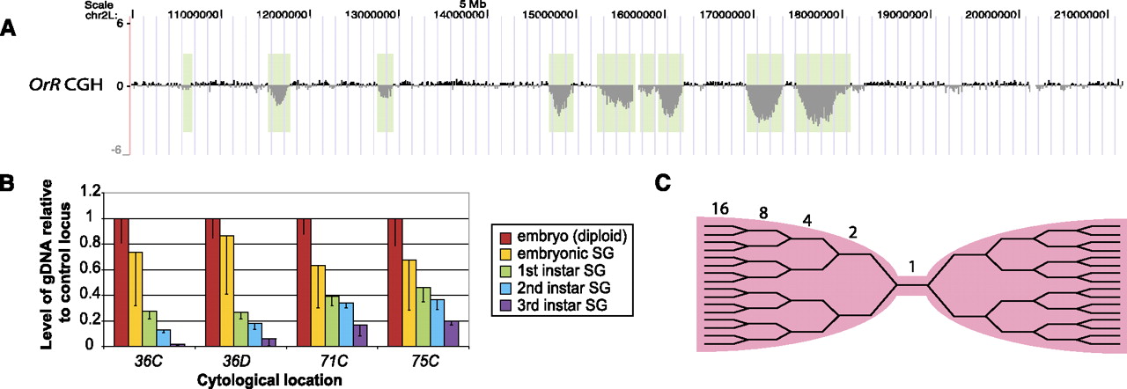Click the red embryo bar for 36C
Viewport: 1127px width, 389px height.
tap(122, 283)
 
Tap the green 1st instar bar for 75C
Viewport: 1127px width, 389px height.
tap(424, 317)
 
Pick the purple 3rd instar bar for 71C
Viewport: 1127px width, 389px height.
tap(360, 335)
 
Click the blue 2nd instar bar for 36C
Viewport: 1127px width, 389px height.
tap(164, 338)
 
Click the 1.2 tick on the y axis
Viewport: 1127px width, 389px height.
tap(93, 192)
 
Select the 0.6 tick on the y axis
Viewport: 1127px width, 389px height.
tap(93, 269)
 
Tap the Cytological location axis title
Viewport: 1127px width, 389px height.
tap(269, 380)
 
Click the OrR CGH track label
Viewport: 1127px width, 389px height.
tap(65, 84)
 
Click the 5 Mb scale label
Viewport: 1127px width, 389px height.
tap(473, 4)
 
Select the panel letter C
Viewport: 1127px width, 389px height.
tap(663, 183)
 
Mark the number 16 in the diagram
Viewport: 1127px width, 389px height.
tap(720, 208)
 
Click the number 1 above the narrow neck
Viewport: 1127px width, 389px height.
tap(912, 267)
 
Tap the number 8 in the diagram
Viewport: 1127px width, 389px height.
tap(763, 213)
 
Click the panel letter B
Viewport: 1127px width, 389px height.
tap(6, 183)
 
